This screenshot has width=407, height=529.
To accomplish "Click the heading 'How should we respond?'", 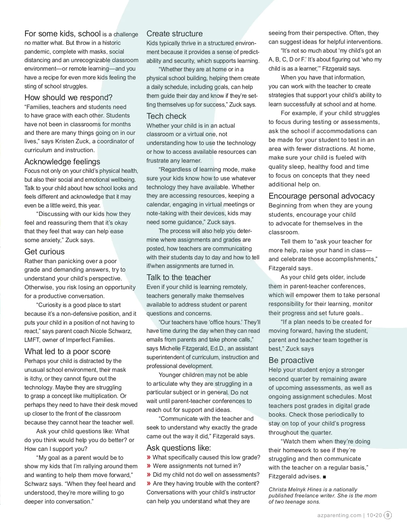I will click(x=68, y=98).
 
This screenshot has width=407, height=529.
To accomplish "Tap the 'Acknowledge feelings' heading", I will click(x=62, y=162).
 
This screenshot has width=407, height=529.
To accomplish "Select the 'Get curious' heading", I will click(x=44, y=252).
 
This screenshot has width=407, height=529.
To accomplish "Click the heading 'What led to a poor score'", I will click(x=67, y=351).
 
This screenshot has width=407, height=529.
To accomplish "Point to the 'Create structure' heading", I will click(x=174, y=34).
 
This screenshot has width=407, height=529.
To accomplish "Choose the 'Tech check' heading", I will click(x=167, y=116).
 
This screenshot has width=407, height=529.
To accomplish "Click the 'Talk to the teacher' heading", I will click(x=179, y=277).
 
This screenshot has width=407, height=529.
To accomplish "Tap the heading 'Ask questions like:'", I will click(x=179, y=448).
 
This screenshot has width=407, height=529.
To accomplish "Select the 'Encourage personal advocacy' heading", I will click(x=322, y=196).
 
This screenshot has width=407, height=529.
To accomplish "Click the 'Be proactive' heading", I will click(x=291, y=360).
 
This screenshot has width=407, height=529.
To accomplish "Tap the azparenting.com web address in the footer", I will click(x=339, y=515).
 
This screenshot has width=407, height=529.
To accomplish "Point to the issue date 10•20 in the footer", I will click(x=374, y=515).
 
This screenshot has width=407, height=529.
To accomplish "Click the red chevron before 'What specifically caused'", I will click(x=149, y=457).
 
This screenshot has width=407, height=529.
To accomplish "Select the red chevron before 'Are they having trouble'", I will click(x=149, y=484).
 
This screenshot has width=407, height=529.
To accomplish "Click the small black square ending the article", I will click(x=324, y=477).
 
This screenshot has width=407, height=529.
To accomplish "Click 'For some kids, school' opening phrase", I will click(x=62, y=34).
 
